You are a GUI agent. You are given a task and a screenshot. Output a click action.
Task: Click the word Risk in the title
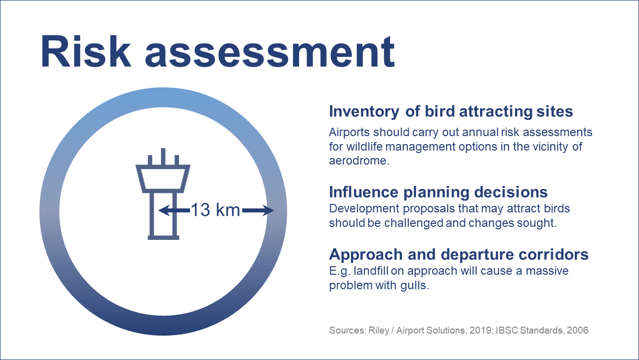pyautogui.click(x=86, y=52)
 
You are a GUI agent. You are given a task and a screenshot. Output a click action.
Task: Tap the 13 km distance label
pyautogui.click(x=215, y=210)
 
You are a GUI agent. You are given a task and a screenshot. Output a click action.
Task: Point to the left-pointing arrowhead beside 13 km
pyautogui.click(x=164, y=210)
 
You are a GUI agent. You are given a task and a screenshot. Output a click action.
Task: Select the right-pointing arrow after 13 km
pyautogui.click(x=258, y=210)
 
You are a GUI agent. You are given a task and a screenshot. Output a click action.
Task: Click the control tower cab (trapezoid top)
pyautogui.click(x=163, y=179)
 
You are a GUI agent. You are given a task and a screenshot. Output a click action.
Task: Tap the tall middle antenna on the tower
pyautogui.click(x=163, y=157)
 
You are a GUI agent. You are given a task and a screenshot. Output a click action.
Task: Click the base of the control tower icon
pyautogui.click(x=163, y=238)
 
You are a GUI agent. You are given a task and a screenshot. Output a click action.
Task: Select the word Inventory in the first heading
pyautogui.click(x=364, y=112)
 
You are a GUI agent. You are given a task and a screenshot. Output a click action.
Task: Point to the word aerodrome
pyautogui.click(x=359, y=161)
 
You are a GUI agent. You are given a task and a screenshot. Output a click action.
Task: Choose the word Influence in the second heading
pyautogui.click(x=363, y=192)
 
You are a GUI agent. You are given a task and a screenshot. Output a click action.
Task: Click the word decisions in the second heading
pyautogui.click(x=511, y=192)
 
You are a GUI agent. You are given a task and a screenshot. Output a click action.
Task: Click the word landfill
pyautogui.click(x=371, y=271)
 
